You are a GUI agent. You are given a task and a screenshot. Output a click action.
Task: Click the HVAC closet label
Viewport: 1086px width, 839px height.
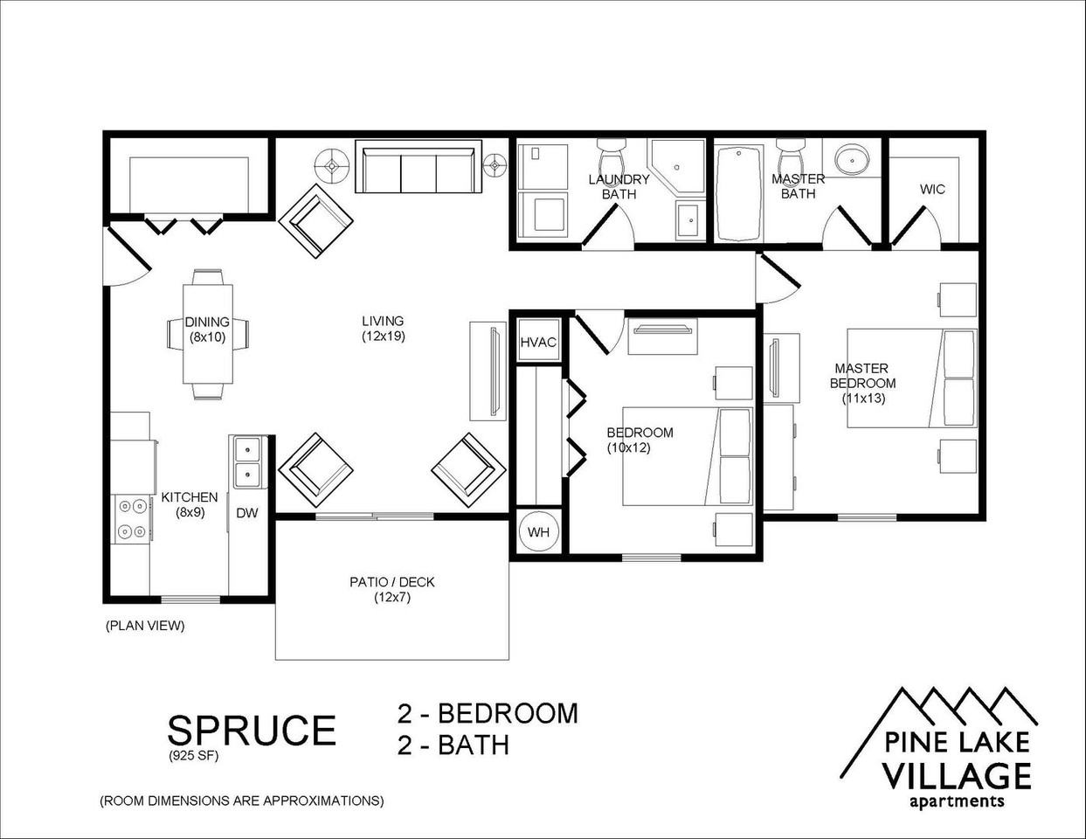point(538,343)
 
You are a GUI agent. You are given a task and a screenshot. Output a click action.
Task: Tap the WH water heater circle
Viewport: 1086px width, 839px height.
point(538,532)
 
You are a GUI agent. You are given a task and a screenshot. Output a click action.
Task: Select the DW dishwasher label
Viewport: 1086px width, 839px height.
point(247,513)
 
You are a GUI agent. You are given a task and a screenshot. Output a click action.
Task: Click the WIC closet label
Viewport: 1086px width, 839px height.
point(932,189)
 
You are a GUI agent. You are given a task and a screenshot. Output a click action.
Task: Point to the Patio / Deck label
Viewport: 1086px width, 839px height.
point(392,582)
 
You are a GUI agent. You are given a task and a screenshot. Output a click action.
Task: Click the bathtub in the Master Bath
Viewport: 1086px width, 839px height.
point(738,193)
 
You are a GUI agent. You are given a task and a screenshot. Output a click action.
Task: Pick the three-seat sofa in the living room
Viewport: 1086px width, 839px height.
point(418,166)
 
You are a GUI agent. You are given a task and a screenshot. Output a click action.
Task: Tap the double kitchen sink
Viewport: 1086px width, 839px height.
point(248,461)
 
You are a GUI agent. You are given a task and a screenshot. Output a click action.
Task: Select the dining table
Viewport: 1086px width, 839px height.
point(207,333)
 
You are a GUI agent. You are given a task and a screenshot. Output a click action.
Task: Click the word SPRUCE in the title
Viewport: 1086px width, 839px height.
point(252,730)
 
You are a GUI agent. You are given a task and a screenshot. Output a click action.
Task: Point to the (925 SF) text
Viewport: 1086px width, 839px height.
point(193,756)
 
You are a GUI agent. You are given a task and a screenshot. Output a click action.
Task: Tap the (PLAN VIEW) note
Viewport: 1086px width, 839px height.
point(145,626)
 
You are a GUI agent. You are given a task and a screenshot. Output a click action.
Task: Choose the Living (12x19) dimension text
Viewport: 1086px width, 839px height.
point(384,336)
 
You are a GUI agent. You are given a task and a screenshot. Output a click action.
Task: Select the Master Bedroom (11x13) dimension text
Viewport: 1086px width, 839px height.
point(863,399)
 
